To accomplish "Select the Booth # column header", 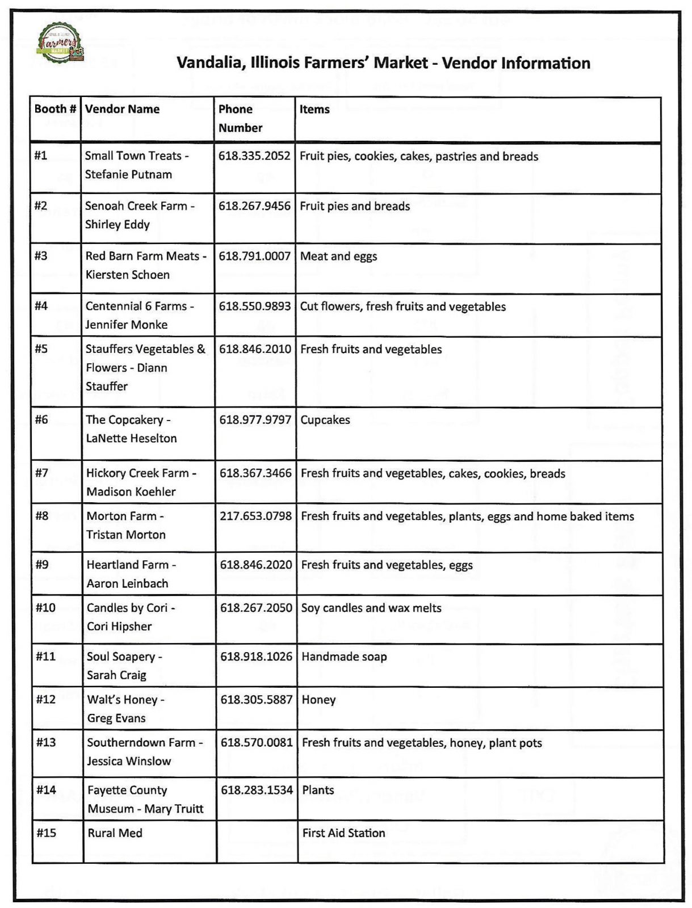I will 55,109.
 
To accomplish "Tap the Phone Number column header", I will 240,119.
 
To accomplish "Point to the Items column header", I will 314,109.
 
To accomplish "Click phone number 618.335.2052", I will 254,155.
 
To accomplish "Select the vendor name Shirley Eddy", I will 118,224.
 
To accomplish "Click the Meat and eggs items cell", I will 338,256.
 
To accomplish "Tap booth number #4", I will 41,306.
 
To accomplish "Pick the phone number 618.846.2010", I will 255,349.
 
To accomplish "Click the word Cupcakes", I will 325,420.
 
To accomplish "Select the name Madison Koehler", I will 131,491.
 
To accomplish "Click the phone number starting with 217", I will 255,516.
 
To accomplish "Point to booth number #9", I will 42,565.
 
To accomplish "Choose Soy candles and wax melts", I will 371,608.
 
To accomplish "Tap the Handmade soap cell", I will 344,657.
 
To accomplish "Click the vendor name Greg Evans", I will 116,718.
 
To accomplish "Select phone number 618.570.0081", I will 257,742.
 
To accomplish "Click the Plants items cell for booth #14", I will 318,790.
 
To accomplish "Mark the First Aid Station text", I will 343,833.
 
